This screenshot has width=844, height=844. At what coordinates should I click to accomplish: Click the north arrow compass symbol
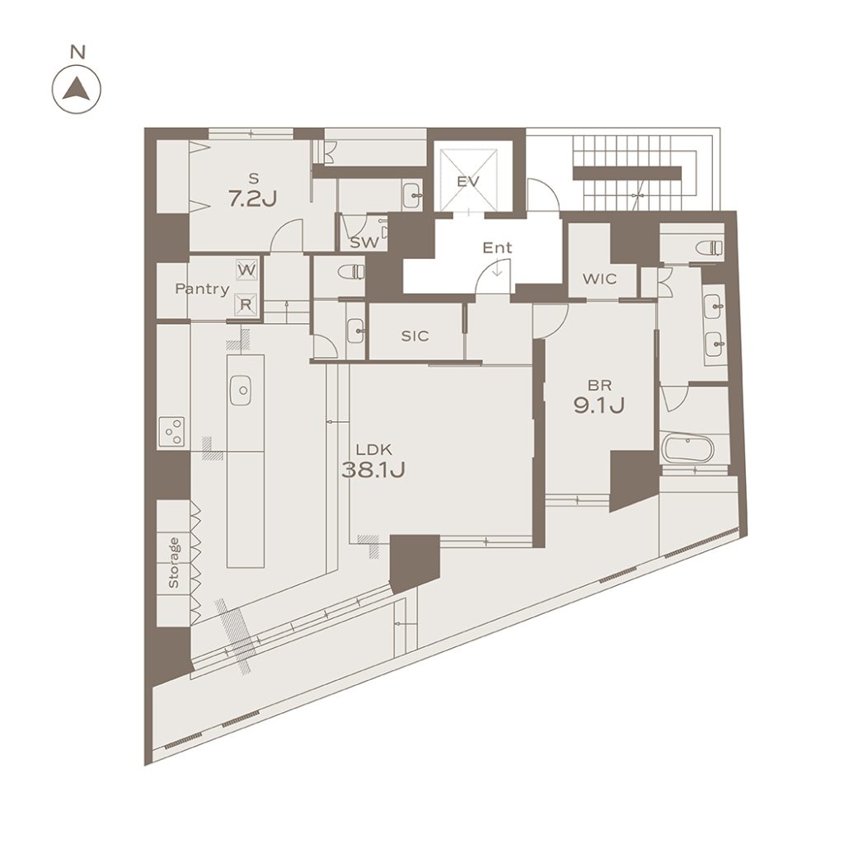tap(77, 89)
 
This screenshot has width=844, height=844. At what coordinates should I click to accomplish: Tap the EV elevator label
tap(468, 181)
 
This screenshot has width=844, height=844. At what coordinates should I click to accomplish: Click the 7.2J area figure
tap(252, 199)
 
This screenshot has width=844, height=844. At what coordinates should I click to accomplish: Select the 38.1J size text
tap(373, 471)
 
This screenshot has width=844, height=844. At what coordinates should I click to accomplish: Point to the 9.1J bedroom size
tap(599, 406)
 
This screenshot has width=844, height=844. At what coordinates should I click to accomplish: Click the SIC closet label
tap(415, 336)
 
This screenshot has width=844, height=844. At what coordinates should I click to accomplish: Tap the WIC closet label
tap(600, 279)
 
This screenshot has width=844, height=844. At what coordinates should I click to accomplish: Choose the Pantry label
tap(203, 289)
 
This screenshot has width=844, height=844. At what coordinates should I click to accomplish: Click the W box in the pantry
tap(246, 270)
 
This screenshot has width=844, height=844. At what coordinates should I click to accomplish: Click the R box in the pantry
tap(246, 304)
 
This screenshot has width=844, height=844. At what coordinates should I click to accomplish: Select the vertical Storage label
tap(173, 562)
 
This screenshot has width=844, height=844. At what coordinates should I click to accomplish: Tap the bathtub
tap(687, 449)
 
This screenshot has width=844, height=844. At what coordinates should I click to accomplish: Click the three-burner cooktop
tap(171, 432)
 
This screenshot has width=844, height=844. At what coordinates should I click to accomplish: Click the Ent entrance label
tap(497, 248)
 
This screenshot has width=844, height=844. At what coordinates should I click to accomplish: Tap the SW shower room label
tap(364, 243)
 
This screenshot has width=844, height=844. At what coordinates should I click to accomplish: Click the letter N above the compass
tap(78, 52)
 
